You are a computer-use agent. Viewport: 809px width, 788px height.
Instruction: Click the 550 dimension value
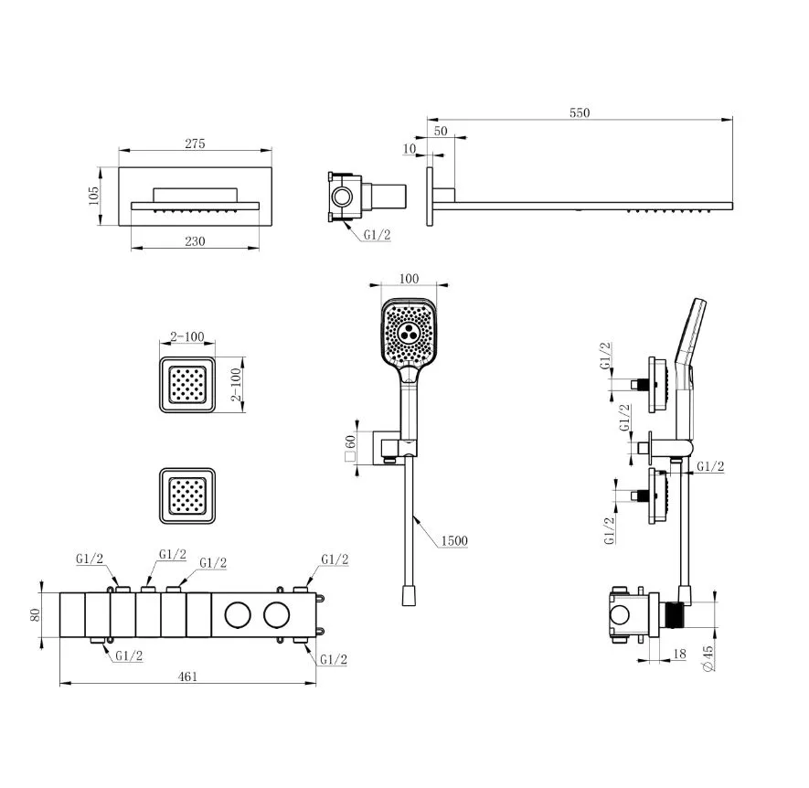[x=580, y=112]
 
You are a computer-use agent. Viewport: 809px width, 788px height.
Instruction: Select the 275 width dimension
[x=195, y=144]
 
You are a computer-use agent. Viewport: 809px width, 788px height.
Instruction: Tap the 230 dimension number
[x=195, y=241]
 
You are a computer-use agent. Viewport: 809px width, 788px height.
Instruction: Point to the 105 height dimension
[x=93, y=196]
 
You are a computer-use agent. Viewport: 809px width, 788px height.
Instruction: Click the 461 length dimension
[x=187, y=676]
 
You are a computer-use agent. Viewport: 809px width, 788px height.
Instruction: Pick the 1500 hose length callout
[x=454, y=541]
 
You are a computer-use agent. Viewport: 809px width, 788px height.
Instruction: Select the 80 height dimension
[x=35, y=614]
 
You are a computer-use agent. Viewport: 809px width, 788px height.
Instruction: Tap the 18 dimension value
[x=680, y=654]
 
